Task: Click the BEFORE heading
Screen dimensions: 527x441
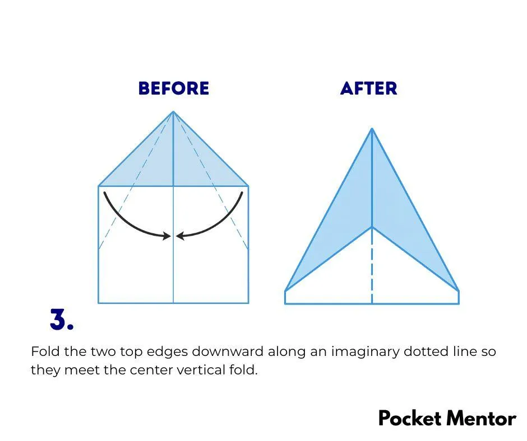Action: point(174,88)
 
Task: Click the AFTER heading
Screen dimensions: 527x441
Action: point(369,88)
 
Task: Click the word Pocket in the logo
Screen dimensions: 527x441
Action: point(410,419)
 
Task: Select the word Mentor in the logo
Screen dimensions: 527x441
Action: point(481,419)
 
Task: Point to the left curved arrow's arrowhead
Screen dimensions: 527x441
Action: point(167,236)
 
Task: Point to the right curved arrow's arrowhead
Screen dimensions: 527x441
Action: point(180,236)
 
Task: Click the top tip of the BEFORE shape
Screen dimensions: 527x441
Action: point(173,111)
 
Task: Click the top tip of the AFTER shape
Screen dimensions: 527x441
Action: point(372,128)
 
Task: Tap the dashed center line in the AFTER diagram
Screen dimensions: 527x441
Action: point(372,265)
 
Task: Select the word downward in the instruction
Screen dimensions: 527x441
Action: point(228,351)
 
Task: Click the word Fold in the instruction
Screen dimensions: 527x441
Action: point(45,351)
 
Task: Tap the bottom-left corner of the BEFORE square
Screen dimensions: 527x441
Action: point(99,303)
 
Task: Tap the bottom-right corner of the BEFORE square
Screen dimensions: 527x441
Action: point(248,303)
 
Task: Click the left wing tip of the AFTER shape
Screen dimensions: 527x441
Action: point(285,291)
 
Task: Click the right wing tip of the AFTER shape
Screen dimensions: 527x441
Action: point(459,291)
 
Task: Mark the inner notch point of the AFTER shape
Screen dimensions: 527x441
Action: point(372,227)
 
